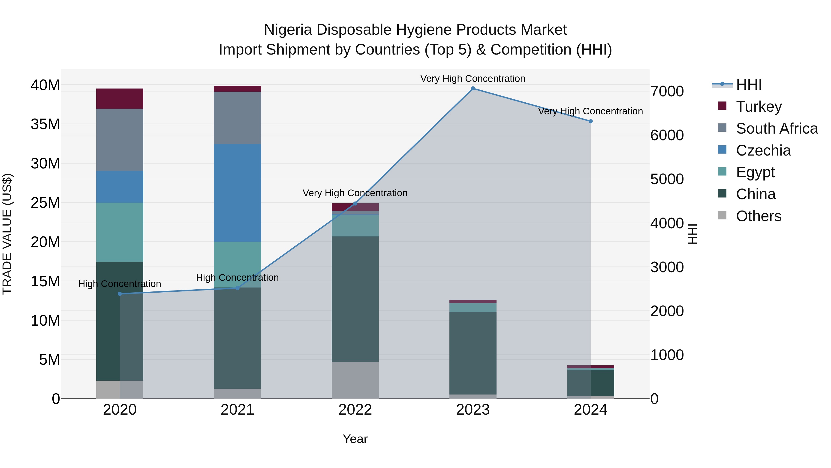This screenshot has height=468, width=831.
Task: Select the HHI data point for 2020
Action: [x=120, y=294]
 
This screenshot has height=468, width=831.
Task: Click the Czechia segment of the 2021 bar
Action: [x=238, y=193]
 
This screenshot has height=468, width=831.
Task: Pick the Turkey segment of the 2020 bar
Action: [x=120, y=98]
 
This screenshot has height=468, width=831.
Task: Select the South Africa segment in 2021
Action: [x=238, y=118]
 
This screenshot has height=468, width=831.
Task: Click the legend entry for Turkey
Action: [x=759, y=107]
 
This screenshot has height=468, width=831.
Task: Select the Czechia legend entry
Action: [x=763, y=150]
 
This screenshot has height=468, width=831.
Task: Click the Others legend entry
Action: [x=759, y=216]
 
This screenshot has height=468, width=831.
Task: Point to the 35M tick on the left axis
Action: [x=45, y=124]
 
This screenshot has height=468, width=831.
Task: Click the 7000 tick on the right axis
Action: [x=667, y=91]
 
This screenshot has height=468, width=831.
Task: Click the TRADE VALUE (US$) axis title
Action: [x=7, y=234]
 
